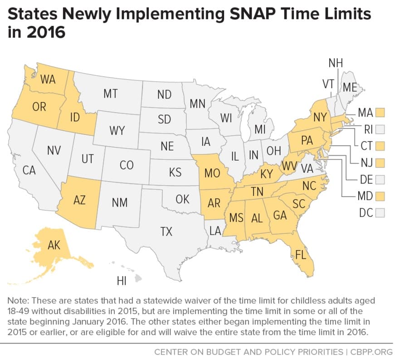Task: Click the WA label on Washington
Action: click(x=48, y=79)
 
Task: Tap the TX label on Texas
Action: click(x=166, y=232)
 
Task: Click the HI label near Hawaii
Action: click(x=122, y=281)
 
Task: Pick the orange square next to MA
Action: click(x=380, y=112)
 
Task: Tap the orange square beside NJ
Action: click(x=380, y=162)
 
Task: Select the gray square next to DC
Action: click(x=380, y=212)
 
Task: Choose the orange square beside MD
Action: click(x=380, y=196)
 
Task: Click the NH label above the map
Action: click(x=336, y=63)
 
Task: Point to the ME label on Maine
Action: click(x=350, y=88)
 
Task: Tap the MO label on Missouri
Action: click(x=212, y=173)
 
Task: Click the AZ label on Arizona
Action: click(x=79, y=200)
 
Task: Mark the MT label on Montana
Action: click(x=110, y=94)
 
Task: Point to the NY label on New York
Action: click(x=321, y=117)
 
